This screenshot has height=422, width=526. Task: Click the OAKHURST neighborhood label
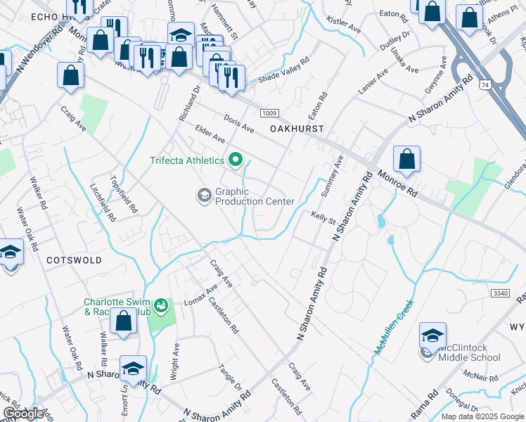pyautogui.click(x=297, y=129)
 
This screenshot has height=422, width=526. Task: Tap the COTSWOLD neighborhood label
pyautogui.click(x=74, y=260)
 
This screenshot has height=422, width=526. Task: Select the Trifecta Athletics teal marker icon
pyautogui.click(x=235, y=160)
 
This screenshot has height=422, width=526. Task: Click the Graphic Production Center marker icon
pyautogui.click(x=205, y=196)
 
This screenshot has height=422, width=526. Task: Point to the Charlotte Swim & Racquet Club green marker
pyautogui.click(x=162, y=305)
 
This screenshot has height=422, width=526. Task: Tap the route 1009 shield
pyautogui.click(x=269, y=113)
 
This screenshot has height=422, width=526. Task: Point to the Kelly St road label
pyautogui.click(x=323, y=217)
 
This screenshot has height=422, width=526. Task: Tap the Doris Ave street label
pyautogui.click(x=238, y=124)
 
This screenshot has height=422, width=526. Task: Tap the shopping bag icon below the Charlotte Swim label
pyautogui.click(x=124, y=321)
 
